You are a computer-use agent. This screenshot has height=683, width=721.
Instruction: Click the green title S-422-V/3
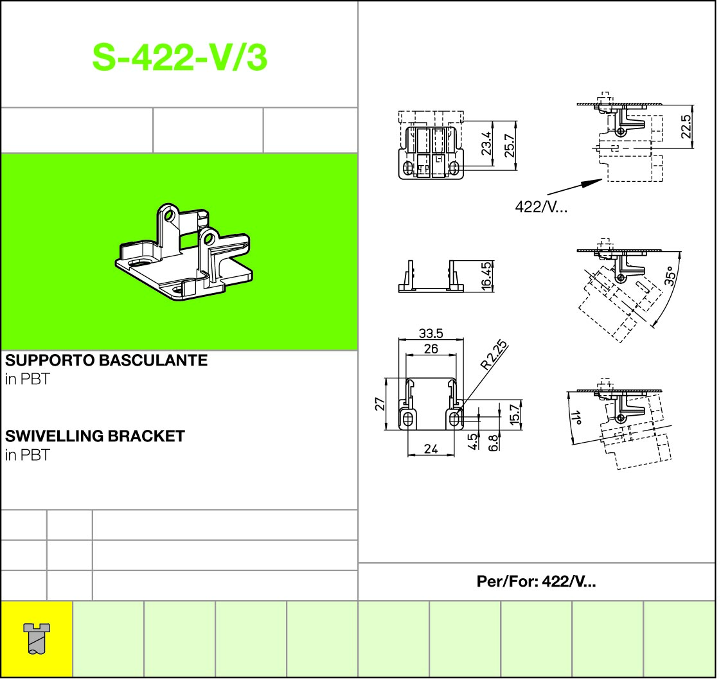[x=179, y=57]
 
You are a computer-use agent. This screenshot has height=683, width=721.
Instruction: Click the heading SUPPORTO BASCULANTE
[x=106, y=360]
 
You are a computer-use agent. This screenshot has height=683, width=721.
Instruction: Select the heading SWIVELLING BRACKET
[x=95, y=436]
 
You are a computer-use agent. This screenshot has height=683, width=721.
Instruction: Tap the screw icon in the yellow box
[x=37, y=639]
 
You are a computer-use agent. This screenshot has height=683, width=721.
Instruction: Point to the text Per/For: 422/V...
[x=536, y=581]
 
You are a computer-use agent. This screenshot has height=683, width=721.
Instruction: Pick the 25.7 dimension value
[x=510, y=146]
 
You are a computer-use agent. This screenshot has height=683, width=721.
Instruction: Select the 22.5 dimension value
[x=686, y=127]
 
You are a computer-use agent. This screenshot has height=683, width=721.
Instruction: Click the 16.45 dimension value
[x=486, y=276]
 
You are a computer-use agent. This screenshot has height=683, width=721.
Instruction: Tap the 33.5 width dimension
[x=431, y=333]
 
